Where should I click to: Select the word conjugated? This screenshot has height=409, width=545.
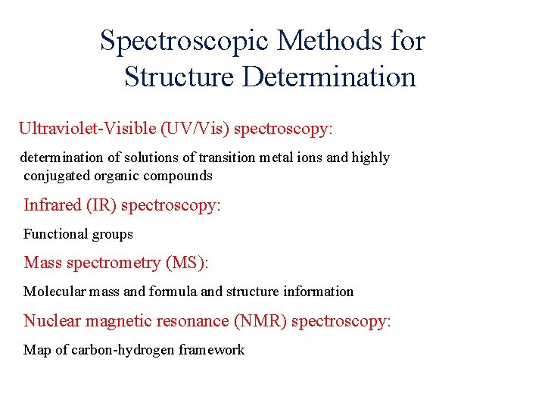[56, 176]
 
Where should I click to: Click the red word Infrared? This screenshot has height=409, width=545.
[51, 205]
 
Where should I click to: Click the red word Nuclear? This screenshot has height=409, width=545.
[52, 321]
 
